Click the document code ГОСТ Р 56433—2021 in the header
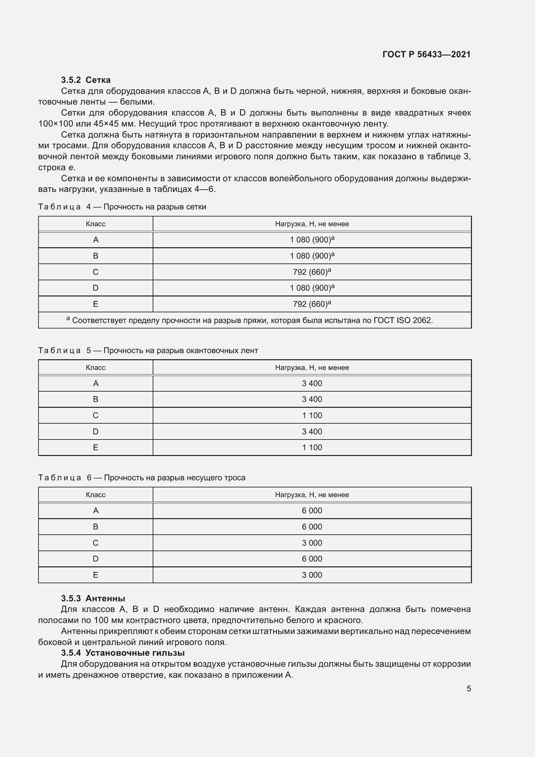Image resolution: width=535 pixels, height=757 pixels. point(426,54)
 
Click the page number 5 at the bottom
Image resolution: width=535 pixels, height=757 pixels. point(468,688)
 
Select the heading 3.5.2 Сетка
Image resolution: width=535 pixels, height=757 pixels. point(86,80)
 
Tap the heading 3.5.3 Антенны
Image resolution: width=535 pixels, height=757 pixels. point(93,598)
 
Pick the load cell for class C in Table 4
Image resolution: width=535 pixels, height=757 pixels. point(311,272)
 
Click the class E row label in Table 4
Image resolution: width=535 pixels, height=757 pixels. point(95,304)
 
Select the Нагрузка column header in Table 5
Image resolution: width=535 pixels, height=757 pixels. point(311,367)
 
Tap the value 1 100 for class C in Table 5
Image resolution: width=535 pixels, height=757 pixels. point(311,416)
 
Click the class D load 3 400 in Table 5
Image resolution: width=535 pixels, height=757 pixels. point(311,432)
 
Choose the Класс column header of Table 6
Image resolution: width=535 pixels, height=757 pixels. point(95,495)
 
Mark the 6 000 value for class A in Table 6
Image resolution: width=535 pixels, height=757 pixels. point(311,511)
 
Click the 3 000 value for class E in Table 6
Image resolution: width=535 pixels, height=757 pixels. point(311,575)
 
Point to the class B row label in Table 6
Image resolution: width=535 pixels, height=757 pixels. point(95,527)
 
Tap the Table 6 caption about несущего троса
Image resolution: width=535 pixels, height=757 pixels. point(142,478)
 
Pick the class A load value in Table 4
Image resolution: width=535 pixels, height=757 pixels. point(311,240)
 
